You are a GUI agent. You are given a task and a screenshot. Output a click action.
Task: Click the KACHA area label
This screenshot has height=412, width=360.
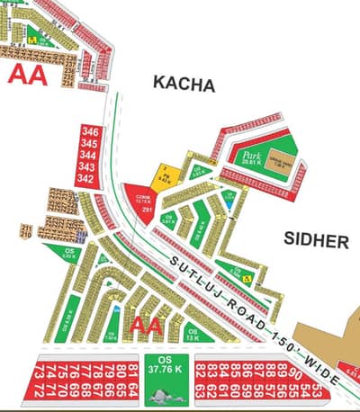pos(184,85)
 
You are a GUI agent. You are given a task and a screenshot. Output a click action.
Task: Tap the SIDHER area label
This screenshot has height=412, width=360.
pos(315,241)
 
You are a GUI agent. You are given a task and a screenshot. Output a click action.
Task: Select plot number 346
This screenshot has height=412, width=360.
pos(88,132)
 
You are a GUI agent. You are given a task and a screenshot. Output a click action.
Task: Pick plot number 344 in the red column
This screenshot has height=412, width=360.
pos(88,156)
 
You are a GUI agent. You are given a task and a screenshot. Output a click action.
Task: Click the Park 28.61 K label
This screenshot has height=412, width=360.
pos(247,159)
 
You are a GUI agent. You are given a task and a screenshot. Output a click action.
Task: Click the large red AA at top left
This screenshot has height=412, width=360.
pos(28,74)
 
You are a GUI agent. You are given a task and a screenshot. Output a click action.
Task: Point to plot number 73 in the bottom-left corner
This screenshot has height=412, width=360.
pos(39,391)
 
